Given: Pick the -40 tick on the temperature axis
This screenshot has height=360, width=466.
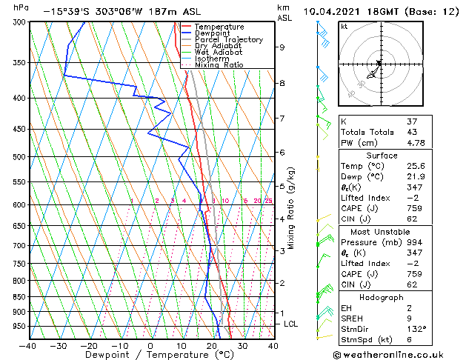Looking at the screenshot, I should [27, 345].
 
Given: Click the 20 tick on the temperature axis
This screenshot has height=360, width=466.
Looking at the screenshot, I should [212, 345].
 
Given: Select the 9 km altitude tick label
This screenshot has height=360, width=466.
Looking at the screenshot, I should [282, 47].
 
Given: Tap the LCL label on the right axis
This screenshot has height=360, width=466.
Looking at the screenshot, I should [291, 324].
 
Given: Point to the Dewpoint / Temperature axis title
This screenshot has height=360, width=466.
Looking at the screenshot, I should [150, 355].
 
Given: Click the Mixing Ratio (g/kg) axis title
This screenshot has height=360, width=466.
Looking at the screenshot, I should [292, 207].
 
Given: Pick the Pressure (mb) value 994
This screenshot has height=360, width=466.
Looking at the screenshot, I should [414, 241].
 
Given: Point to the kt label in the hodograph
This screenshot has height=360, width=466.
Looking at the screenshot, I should [344, 26].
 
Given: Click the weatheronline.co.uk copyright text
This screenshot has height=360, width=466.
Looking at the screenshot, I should [398, 355].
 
